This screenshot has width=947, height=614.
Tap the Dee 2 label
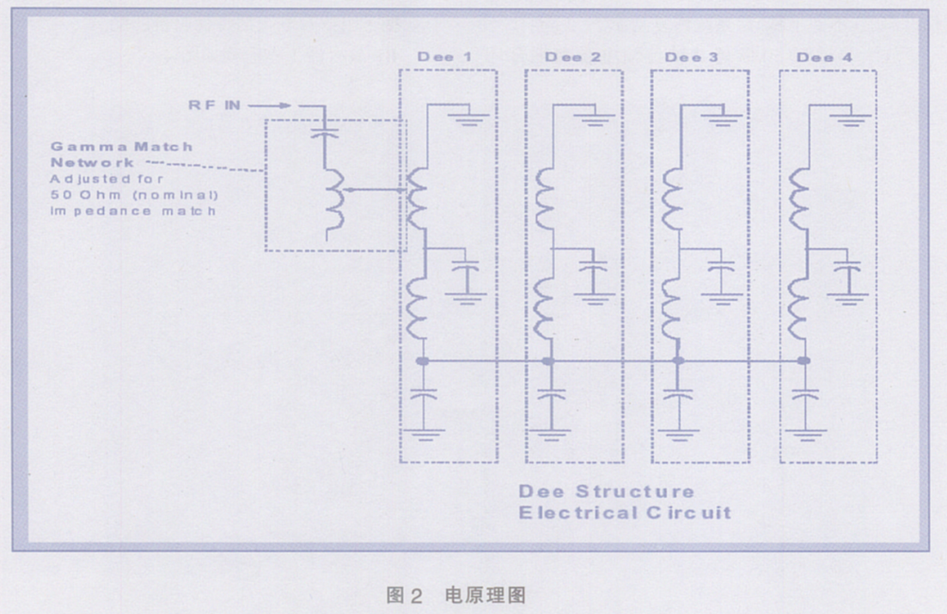(572, 57)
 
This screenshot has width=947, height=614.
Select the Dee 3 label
(692, 57)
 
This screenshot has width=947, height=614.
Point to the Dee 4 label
(824, 57)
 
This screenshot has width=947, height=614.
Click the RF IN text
(215, 105)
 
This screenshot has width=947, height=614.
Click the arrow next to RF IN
(272, 106)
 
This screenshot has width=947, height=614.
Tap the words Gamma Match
(121, 146)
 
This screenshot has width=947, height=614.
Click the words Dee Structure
(606, 491)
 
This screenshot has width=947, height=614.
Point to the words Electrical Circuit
(624, 513)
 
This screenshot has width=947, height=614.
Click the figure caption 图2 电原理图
(455, 594)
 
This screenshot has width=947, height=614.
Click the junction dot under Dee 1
(422, 362)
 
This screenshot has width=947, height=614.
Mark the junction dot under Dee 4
(804, 362)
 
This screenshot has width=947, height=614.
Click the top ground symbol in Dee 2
(598, 119)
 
